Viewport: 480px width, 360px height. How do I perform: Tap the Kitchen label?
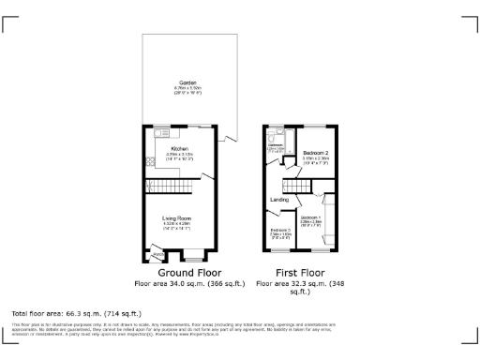point(179,149)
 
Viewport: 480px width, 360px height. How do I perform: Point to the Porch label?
point(157,253)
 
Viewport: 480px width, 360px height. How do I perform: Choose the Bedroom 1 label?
point(311,217)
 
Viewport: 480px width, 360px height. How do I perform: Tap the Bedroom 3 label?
point(281,230)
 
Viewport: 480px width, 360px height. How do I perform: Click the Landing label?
point(279,200)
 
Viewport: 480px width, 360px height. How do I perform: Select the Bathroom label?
point(276,145)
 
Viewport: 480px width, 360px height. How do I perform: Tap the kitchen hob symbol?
point(150,161)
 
